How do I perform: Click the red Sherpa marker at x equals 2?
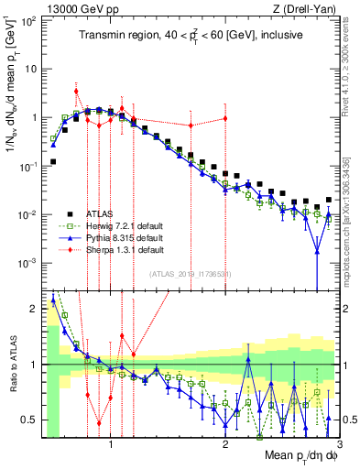(225, 119)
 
